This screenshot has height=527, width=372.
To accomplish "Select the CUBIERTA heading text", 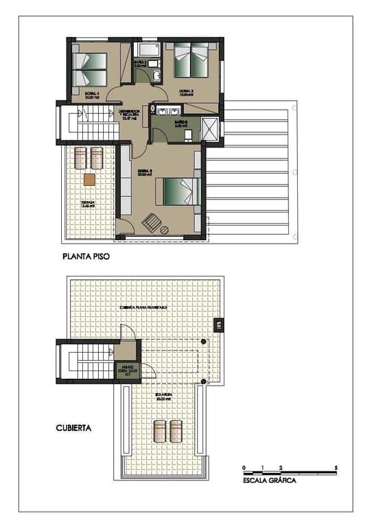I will [74, 427].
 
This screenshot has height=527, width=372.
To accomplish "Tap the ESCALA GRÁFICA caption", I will [270, 481].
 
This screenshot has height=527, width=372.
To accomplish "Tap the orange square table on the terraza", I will [89, 180].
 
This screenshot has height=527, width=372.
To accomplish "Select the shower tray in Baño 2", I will [211, 128].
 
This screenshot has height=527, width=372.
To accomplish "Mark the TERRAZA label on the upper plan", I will [88, 204].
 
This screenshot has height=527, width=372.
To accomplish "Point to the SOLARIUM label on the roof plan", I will [163, 396].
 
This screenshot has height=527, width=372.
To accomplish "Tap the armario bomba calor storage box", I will [127, 371].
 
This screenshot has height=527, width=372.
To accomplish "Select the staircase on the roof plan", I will [86, 361].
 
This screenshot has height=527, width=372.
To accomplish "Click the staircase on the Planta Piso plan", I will [86, 123].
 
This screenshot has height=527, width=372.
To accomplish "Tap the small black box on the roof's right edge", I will [219, 326].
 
